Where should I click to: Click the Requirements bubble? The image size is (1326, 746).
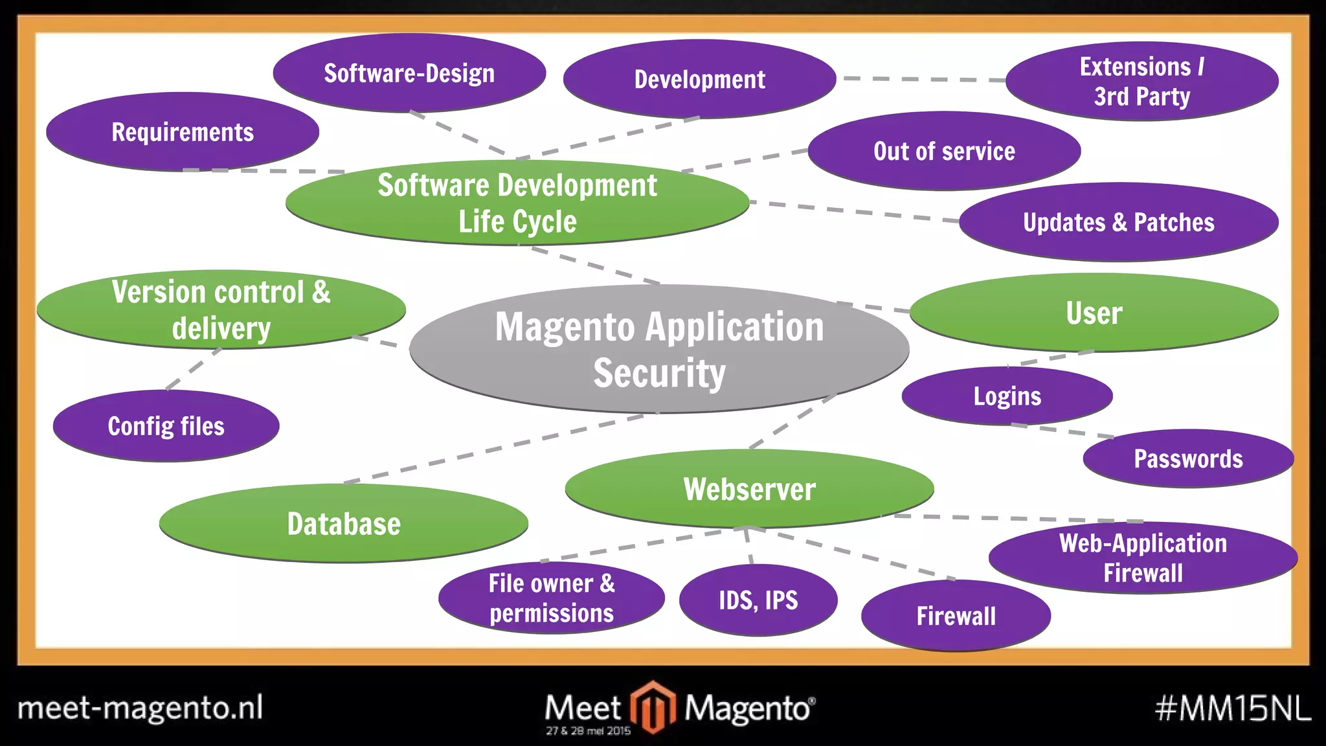182,132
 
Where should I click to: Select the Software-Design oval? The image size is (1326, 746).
409,73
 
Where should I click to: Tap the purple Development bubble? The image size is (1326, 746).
699,79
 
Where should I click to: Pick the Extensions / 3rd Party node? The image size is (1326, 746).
1141,82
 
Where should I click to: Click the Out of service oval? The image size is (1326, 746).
944,151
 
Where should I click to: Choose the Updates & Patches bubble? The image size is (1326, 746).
1118,222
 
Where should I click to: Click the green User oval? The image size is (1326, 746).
1094,313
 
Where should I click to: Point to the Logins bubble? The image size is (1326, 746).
1007,396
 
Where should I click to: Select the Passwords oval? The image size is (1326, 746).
1188,458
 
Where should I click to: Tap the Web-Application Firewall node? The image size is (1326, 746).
1143,558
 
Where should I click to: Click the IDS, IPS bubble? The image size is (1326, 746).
758,600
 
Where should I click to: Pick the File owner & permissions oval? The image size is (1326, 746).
551,598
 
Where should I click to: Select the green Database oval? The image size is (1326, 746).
343,523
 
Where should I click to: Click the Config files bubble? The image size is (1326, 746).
166,426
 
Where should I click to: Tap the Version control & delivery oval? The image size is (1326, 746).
221,310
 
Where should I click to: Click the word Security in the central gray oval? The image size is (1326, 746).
659,373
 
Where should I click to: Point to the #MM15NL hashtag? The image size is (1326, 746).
1232,708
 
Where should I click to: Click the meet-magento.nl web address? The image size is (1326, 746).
140,708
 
